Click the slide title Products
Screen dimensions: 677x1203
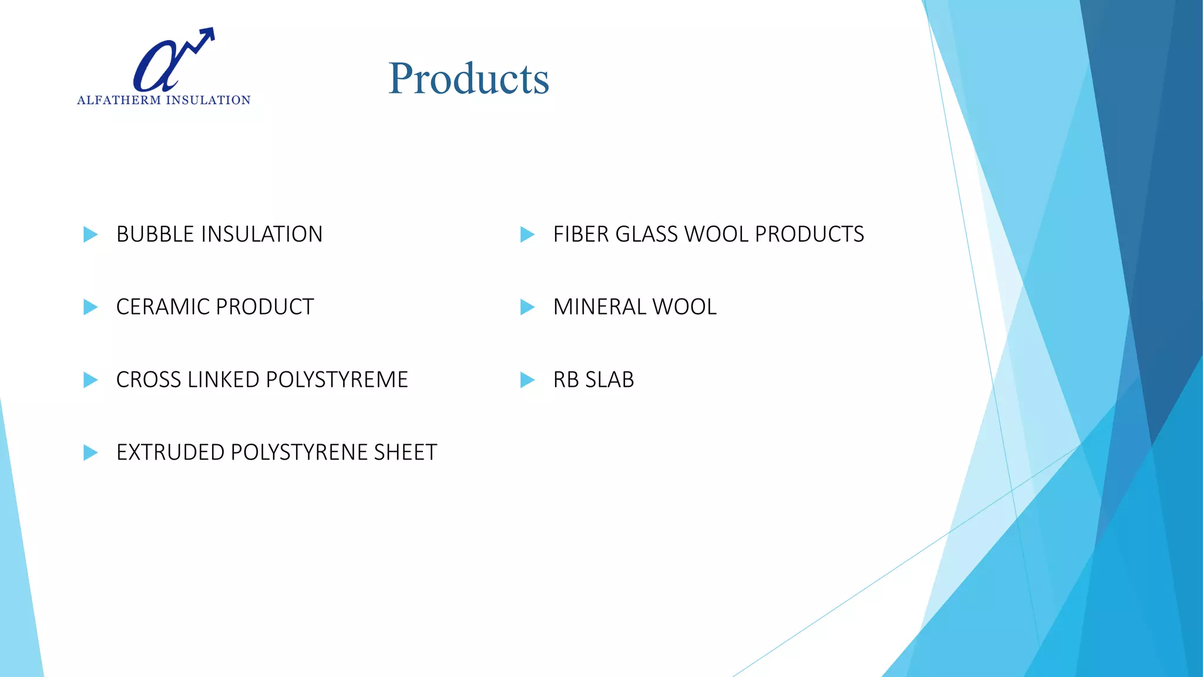pos(468,79)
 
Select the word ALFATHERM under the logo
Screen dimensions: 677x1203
pos(119,100)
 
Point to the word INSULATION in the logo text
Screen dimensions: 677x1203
pos(209,100)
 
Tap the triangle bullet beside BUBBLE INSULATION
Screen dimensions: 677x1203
pos(90,234)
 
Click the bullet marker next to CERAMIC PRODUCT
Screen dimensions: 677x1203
pos(90,307)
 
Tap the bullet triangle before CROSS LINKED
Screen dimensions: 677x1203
pos(90,380)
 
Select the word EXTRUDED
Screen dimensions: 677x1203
pos(170,453)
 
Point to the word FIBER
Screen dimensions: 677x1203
pos(581,234)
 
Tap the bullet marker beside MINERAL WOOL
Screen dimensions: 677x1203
pos(527,307)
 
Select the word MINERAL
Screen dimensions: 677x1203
pos(599,307)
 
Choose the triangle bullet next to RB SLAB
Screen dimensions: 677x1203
pos(527,380)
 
